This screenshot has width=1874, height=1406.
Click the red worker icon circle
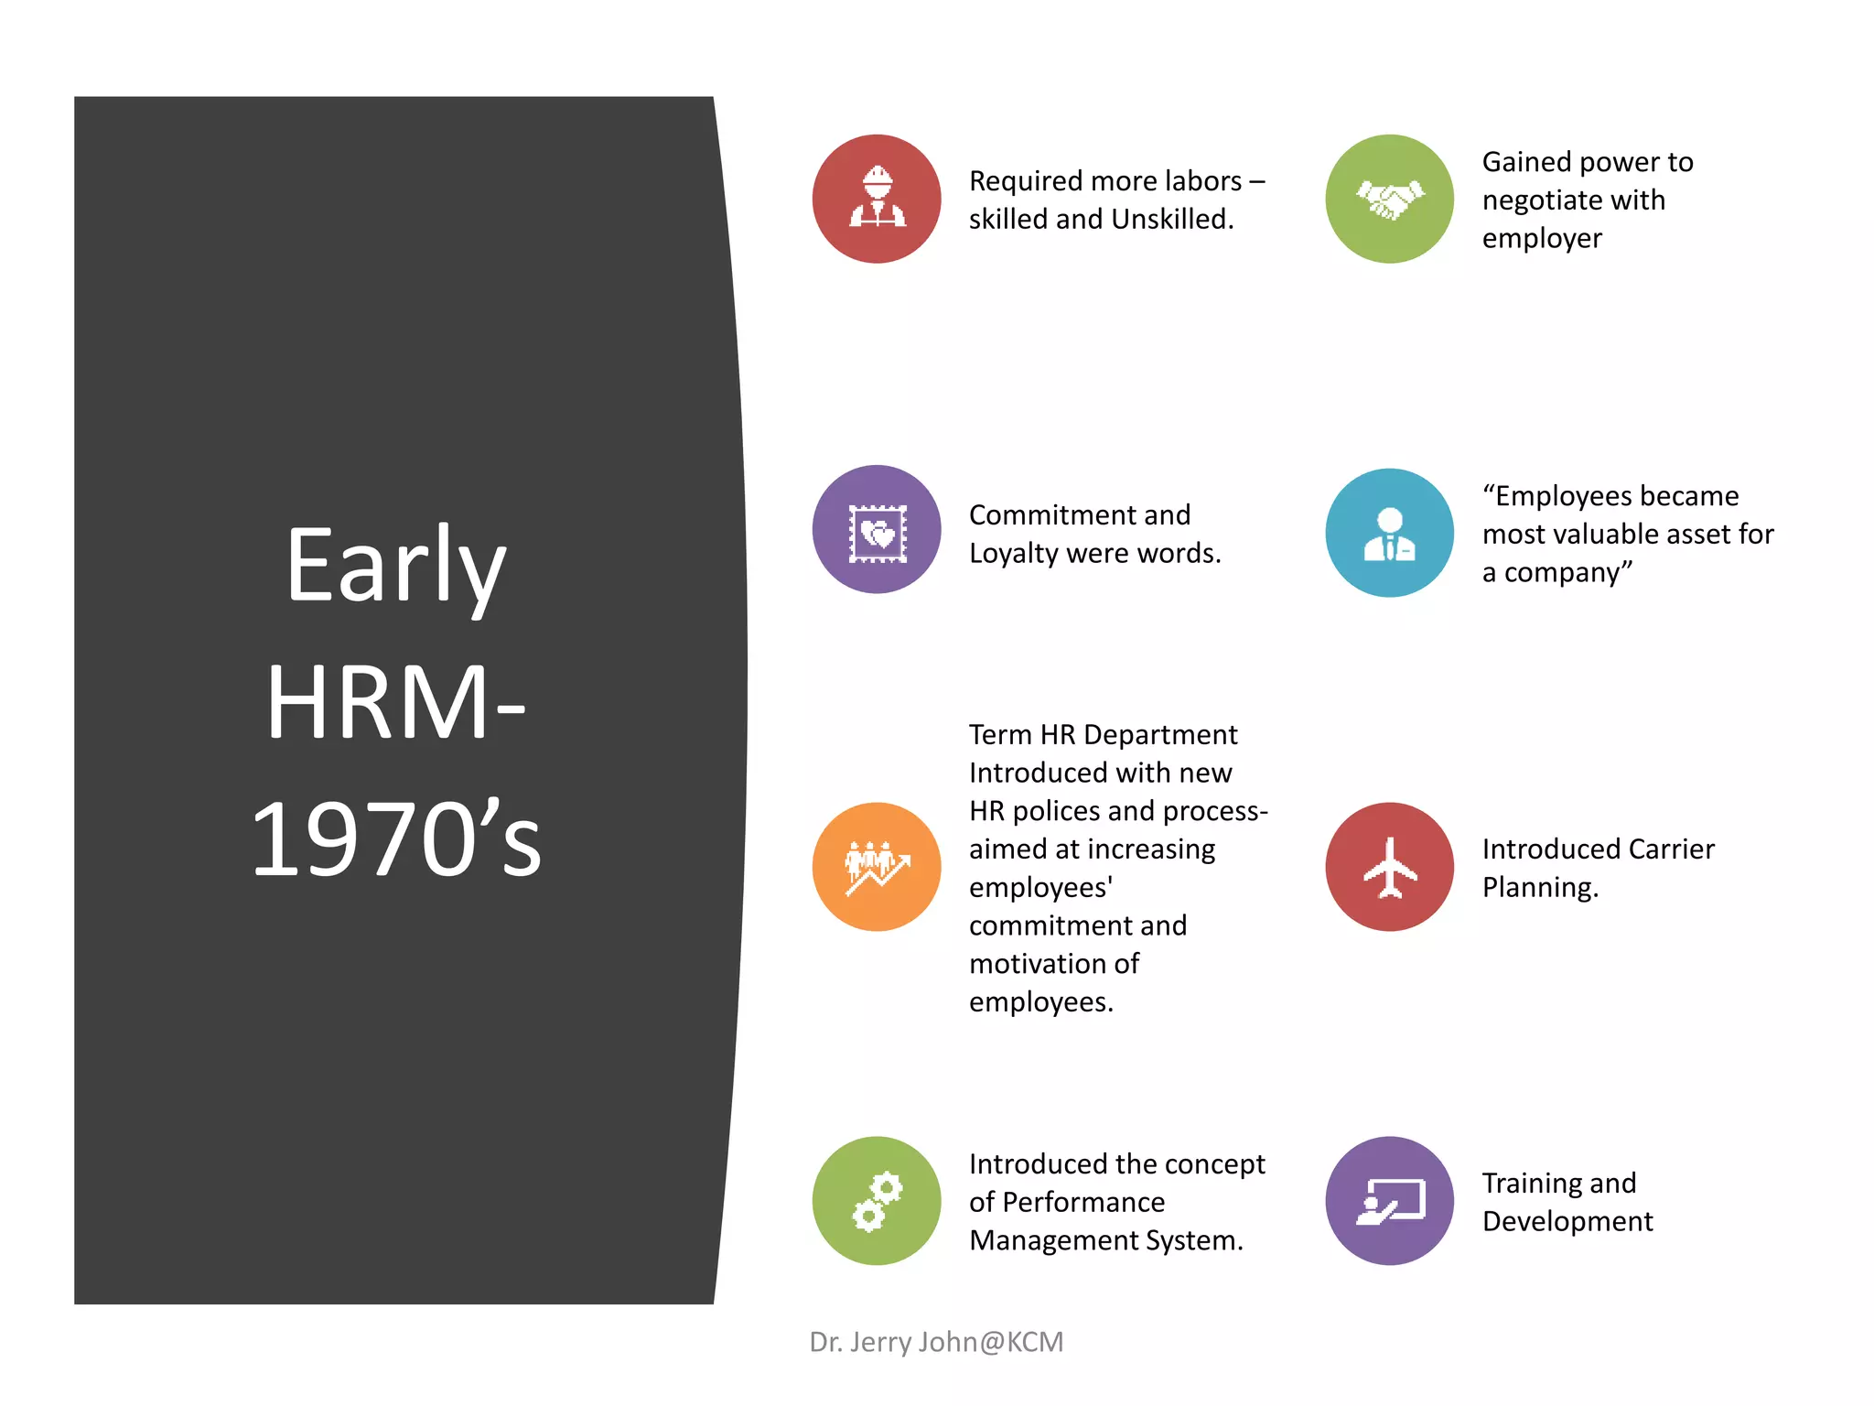coord(876,199)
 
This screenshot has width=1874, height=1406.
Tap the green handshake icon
coord(1389,199)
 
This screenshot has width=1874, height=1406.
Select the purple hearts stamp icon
coord(876,529)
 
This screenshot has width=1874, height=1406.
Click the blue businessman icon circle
coord(1389,533)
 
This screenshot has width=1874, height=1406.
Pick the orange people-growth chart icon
coord(876,867)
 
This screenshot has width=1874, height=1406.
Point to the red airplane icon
coord(1389,867)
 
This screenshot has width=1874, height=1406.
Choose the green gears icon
coord(876,1201)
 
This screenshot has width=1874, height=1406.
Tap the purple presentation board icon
coord(1389,1201)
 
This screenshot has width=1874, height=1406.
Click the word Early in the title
coord(395,568)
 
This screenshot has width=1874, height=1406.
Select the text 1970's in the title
coord(395,838)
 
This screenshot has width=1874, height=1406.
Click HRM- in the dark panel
coord(395,703)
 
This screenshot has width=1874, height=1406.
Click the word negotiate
coord(1573,200)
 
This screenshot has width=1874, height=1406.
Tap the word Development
coord(1567,1222)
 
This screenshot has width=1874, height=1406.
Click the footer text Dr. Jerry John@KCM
coord(936,1342)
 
